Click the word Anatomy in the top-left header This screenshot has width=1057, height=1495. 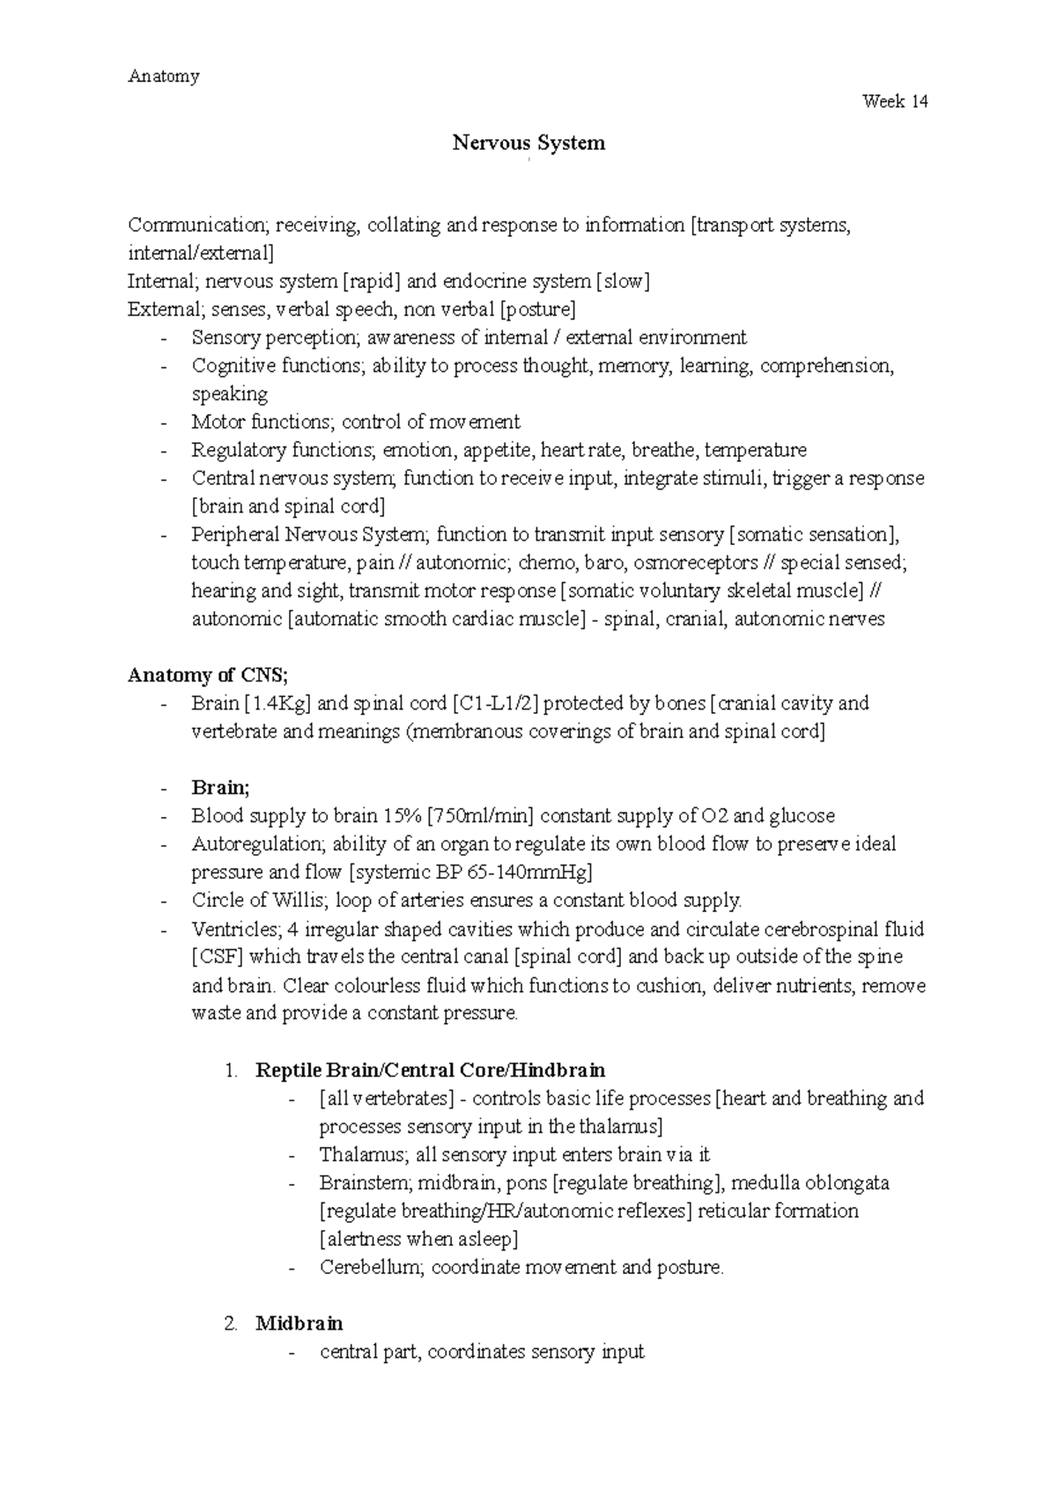164,77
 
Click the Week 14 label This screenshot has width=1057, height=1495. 895,102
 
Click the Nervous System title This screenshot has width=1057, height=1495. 528,143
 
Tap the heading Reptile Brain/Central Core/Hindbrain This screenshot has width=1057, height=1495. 430,1071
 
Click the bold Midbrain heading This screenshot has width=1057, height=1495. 299,1323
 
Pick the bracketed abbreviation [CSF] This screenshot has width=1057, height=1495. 217,957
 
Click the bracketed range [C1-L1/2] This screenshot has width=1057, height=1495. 495,703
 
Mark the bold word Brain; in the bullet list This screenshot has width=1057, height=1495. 220,788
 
